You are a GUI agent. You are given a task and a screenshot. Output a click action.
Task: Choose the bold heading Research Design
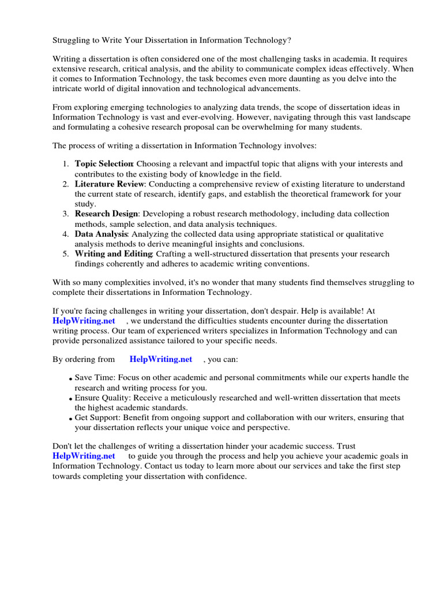click(x=107, y=214)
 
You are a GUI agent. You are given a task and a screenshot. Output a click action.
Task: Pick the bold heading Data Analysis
click(x=101, y=234)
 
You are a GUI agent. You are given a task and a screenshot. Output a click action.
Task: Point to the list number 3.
click(x=66, y=214)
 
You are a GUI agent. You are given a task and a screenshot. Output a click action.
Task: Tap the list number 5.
click(x=66, y=254)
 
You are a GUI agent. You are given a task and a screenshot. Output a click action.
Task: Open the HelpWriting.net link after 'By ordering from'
click(x=161, y=359)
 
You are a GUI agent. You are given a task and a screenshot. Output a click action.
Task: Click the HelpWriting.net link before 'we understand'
click(x=84, y=321)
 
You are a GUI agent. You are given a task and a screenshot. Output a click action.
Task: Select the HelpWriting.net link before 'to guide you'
click(x=84, y=456)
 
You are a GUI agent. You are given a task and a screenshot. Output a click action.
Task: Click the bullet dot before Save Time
click(x=70, y=379)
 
